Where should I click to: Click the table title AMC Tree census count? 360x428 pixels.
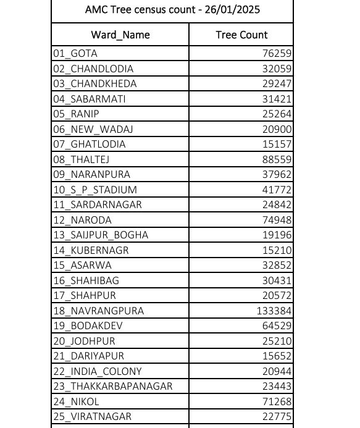[172, 11]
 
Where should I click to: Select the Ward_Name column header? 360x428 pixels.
[120, 35]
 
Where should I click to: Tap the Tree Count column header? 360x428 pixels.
[241, 35]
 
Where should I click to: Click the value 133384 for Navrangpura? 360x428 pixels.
[274, 311]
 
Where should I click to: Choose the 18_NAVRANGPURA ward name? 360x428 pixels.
[94, 311]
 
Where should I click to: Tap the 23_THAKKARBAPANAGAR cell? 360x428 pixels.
[112, 387]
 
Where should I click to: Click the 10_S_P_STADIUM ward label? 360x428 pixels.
[95, 190]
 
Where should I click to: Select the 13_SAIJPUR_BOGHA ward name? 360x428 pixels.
[101, 235]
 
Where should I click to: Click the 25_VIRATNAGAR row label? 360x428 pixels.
[92, 417]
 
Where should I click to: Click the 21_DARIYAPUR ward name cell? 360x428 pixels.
[88, 356]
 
